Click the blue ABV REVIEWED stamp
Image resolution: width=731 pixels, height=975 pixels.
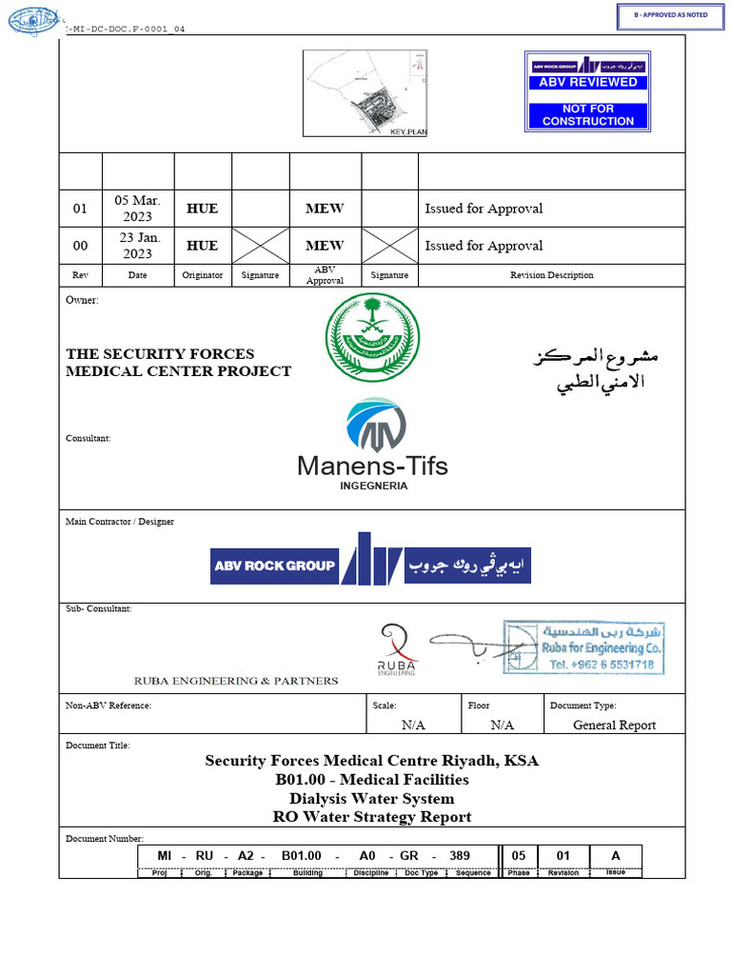click(x=587, y=91)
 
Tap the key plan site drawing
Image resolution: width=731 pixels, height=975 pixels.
click(x=365, y=93)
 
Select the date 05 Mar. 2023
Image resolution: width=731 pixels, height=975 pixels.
click(x=138, y=208)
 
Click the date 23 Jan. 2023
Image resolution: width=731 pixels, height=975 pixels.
click(x=138, y=245)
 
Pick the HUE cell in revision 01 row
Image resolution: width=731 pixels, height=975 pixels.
click(x=202, y=208)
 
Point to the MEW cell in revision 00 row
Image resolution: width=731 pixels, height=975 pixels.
click(x=325, y=245)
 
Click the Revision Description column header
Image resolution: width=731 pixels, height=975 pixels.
click(x=551, y=275)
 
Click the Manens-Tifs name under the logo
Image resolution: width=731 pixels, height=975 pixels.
click(x=372, y=466)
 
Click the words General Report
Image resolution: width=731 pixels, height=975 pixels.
click(x=614, y=725)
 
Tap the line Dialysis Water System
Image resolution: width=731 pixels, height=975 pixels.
click(x=372, y=798)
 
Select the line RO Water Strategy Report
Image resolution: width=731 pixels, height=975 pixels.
click(x=372, y=816)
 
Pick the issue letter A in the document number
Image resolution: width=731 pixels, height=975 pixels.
click(x=616, y=855)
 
